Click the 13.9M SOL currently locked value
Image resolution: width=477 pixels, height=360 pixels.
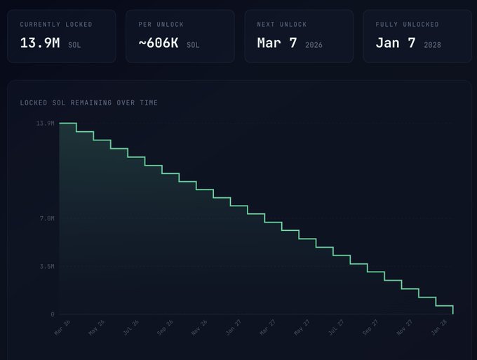click(x=40, y=43)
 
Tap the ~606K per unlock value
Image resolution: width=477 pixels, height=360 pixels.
click(x=159, y=43)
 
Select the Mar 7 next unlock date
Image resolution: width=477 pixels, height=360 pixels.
click(x=277, y=43)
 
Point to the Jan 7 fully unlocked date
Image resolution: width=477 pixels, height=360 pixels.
click(x=396, y=43)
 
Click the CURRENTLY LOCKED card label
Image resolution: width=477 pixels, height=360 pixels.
click(x=56, y=25)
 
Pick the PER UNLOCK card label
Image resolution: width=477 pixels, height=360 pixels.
click(x=161, y=25)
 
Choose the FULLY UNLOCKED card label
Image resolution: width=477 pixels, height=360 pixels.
click(x=407, y=25)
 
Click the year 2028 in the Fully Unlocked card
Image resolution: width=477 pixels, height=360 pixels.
click(x=432, y=45)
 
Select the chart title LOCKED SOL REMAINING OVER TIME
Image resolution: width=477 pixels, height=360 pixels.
click(x=89, y=103)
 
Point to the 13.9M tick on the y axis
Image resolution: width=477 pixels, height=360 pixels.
click(x=46, y=124)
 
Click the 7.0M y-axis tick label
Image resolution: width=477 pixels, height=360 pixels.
click(x=46, y=219)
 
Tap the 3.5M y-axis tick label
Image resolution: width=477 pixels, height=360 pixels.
click(x=46, y=267)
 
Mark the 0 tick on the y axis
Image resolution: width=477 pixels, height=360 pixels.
click(x=52, y=314)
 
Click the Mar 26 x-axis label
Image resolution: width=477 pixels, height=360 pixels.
click(x=62, y=328)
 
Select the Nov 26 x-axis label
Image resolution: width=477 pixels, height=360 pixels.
click(x=200, y=328)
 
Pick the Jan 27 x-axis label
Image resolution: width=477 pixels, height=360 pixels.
click(x=234, y=328)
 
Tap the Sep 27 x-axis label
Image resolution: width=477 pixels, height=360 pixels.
click(x=371, y=328)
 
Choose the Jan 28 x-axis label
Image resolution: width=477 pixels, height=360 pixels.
click(x=440, y=328)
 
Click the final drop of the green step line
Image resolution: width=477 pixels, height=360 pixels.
click(x=453, y=309)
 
